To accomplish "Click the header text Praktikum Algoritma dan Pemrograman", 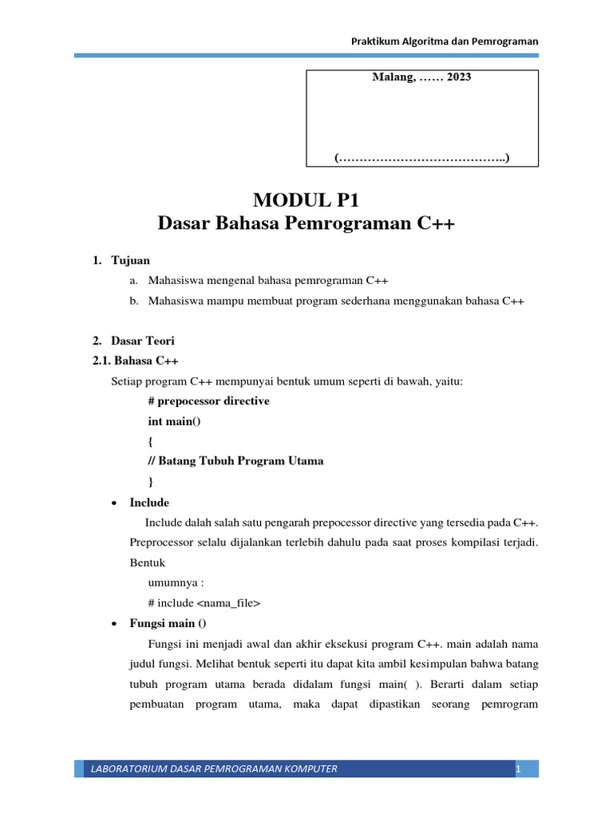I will pos(445,41).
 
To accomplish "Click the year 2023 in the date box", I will pos(459,78).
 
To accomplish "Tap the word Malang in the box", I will pos(392,78).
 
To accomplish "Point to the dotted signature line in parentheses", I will pos(421,158).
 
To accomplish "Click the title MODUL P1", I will pos(306,199).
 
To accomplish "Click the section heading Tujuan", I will pos(130,260).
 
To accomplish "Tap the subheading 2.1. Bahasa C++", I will pos(136,361).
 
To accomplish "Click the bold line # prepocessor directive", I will pos(208,401).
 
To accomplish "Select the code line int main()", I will pos(175,420).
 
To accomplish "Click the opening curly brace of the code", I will pos(151,441).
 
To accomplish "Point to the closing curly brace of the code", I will pos(151,481).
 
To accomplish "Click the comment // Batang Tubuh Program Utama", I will pos(235,461).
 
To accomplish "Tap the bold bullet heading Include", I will pos(149,503).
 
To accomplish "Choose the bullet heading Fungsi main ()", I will pos(167,623).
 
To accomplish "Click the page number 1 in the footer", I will pos(518,769).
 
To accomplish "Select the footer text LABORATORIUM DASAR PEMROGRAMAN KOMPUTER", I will pos(214,769).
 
